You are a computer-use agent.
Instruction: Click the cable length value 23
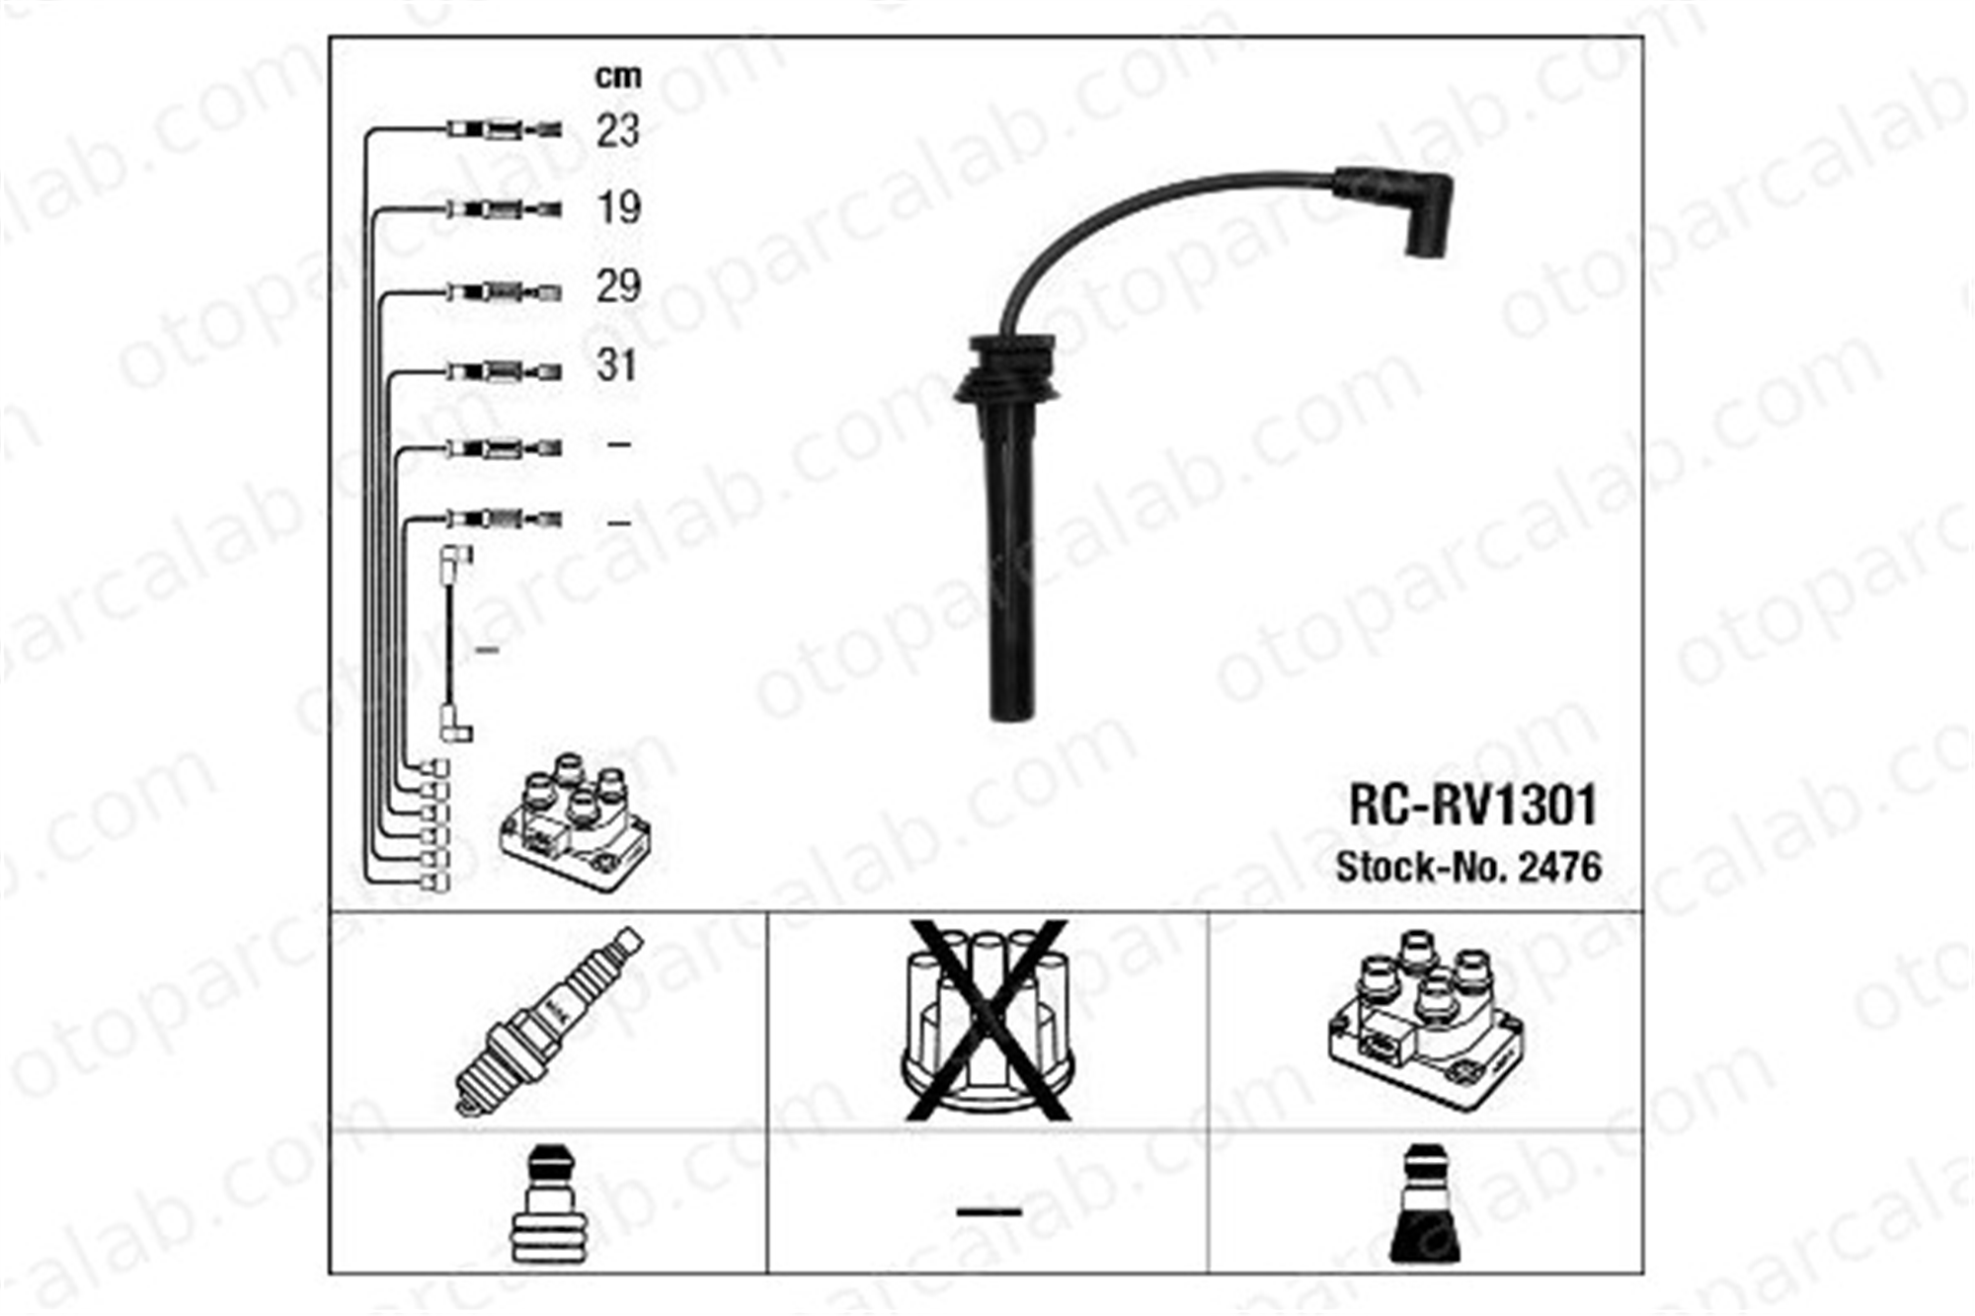(x=618, y=130)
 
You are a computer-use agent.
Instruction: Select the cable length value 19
(x=619, y=208)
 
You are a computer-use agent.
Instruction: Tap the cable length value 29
(x=618, y=286)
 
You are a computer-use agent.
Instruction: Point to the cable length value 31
(x=617, y=365)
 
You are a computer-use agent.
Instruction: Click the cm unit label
(x=618, y=76)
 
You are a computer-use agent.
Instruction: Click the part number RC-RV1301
(x=1472, y=806)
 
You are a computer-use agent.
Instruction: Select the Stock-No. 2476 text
(x=1468, y=867)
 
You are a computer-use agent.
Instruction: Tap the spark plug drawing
(x=548, y=1022)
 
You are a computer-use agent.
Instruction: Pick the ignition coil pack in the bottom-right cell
(x=1425, y=1017)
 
